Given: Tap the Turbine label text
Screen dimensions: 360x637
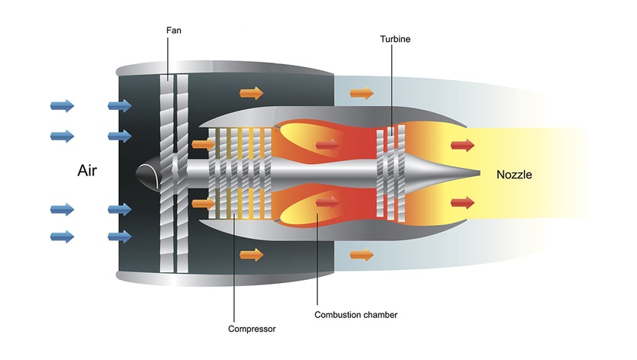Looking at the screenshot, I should (394, 38).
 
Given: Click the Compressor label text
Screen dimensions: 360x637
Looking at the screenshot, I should (252, 329).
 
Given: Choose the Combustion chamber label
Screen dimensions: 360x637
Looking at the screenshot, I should (355, 314).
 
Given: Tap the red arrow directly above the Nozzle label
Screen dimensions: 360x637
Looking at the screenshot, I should (462, 145).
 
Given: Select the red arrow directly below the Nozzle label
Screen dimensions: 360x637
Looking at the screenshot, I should (462, 202).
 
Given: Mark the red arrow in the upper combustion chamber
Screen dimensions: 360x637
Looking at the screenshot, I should (328, 143).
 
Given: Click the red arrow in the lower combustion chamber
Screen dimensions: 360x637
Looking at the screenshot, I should (328, 203).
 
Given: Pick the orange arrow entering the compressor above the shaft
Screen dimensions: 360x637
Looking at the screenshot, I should (204, 143).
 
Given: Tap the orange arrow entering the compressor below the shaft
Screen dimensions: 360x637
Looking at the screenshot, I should (204, 203).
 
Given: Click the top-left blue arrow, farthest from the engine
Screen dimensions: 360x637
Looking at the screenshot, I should (63, 105).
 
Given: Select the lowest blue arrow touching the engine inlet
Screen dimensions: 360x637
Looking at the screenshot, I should (120, 236).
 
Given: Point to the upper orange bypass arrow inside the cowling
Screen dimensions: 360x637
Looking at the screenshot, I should (251, 93).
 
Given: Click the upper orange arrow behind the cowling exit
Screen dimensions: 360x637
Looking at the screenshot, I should (362, 93).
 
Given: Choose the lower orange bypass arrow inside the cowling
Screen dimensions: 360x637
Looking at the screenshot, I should (251, 255).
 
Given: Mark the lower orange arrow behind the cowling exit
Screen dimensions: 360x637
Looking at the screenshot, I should (362, 255).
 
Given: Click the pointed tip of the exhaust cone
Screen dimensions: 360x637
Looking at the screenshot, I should (479, 173).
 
